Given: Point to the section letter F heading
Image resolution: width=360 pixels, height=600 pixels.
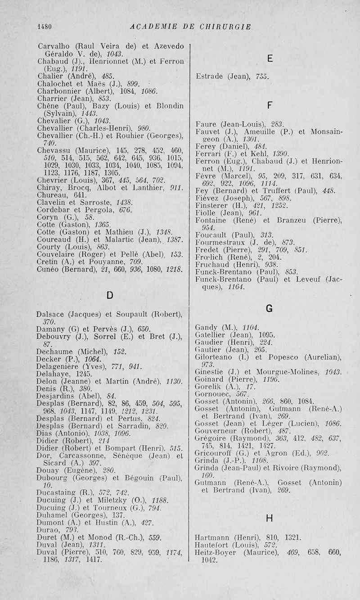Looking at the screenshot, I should pos(270,105).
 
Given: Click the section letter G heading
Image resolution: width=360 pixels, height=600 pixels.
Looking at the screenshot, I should pos(269,308).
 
